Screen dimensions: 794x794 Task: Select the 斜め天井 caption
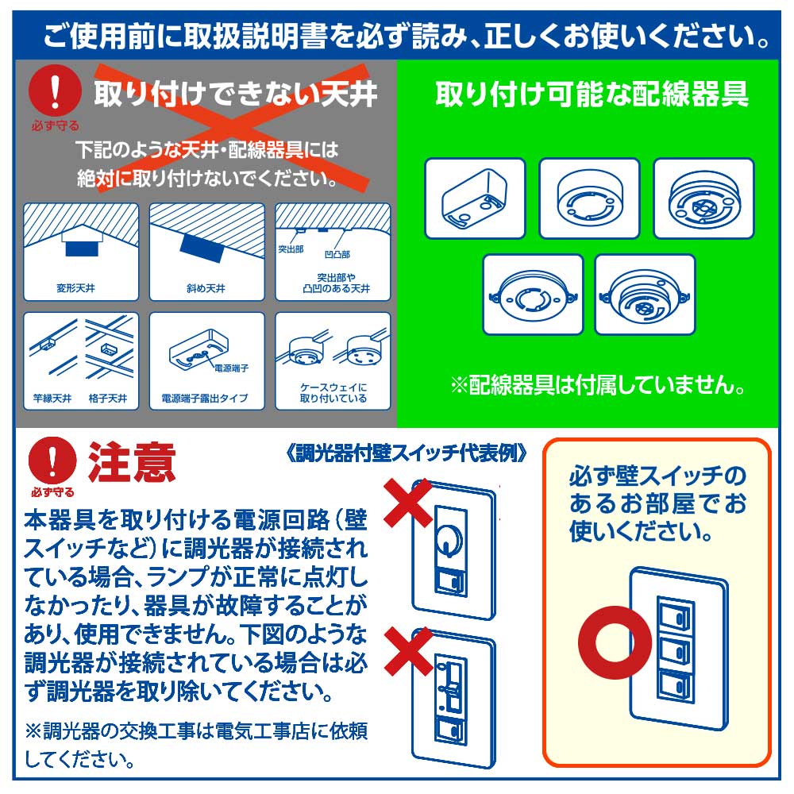206,288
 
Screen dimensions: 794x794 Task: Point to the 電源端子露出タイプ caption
204,398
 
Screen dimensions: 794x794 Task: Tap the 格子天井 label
109,398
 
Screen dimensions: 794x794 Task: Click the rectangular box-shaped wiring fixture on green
474,198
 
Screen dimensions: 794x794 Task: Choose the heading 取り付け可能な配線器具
592,95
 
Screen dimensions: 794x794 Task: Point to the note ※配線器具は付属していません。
599,387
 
